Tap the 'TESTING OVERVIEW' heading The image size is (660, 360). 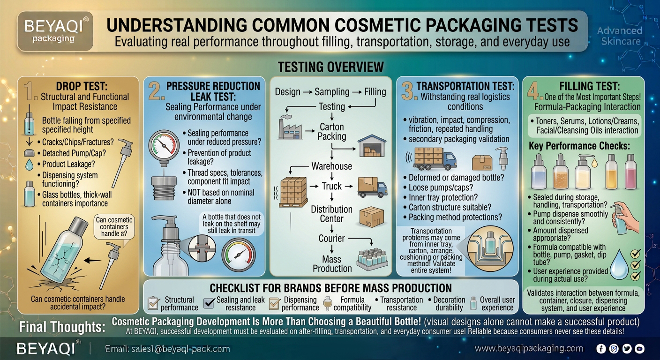(331, 67)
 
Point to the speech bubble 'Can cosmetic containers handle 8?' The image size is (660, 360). (114, 227)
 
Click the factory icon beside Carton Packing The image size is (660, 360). (290, 128)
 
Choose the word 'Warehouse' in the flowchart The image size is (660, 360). (332, 166)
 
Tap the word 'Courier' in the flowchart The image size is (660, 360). (331, 238)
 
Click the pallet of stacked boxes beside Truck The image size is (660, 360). (293, 192)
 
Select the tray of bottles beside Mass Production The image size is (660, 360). (373, 259)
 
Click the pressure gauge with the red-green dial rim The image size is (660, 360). (164, 145)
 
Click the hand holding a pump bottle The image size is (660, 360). (625, 218)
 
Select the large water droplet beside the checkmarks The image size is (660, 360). (619, 265)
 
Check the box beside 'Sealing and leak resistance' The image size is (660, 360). (209, 303)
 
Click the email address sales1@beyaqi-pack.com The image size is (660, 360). (180, 349)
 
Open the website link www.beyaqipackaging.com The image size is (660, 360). (529, 348)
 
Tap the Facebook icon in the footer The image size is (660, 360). (601, 349)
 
